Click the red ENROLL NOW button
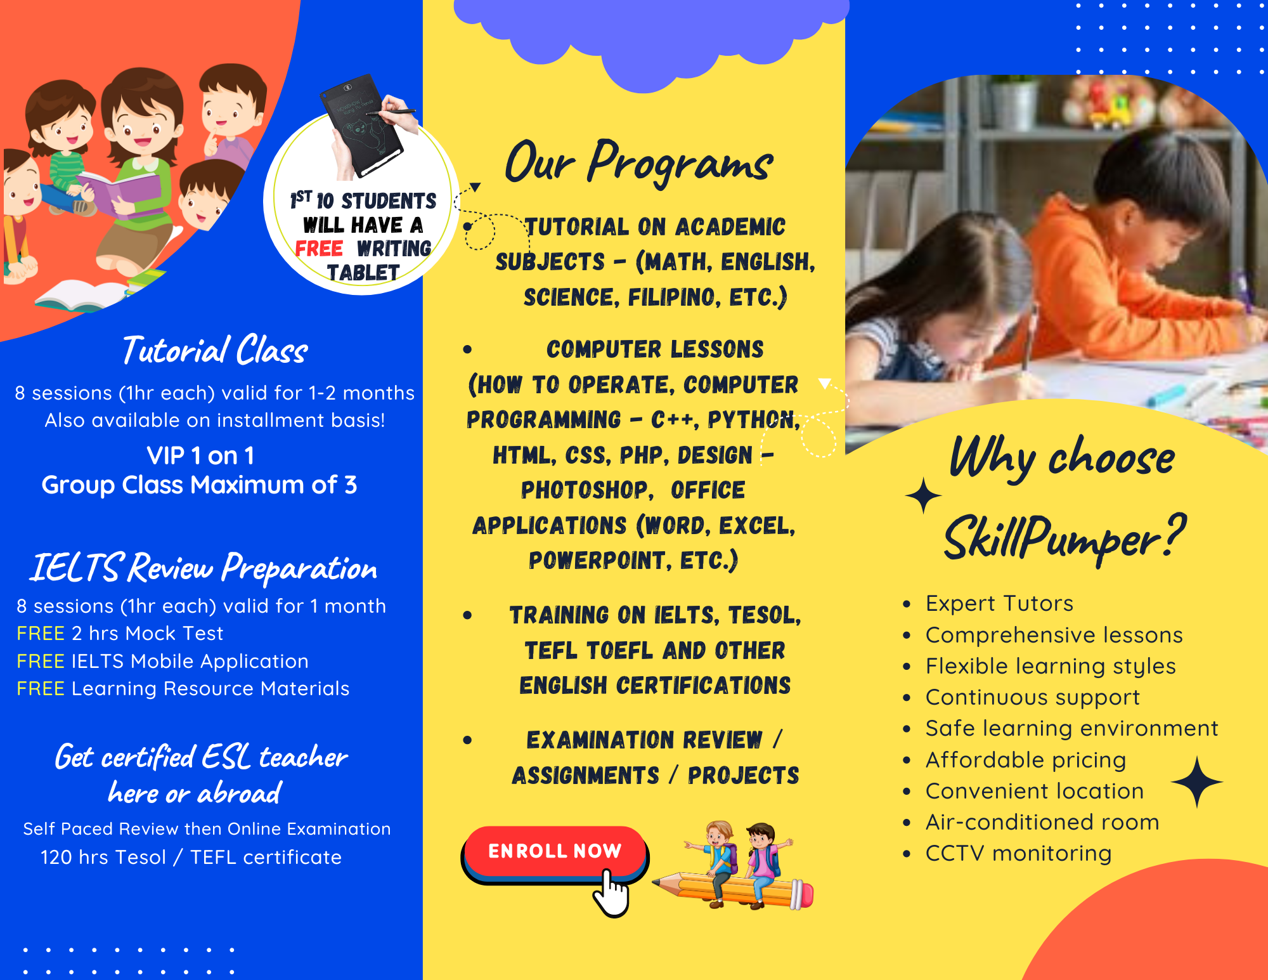point(554,851)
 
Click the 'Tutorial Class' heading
point(215,351)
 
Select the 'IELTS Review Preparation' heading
point(204,568)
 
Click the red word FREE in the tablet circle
point(319,249)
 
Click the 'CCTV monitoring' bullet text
point(1018,853)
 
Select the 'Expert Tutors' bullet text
point(999,603)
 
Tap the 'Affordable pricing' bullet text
point(1025,759)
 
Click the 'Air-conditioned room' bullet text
point(1042,822)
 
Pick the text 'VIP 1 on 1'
point(200,455)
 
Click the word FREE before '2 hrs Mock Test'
point(41,633)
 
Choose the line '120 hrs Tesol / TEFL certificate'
point(191,857)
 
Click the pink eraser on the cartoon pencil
point(804,894)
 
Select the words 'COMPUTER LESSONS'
point(655,350)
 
